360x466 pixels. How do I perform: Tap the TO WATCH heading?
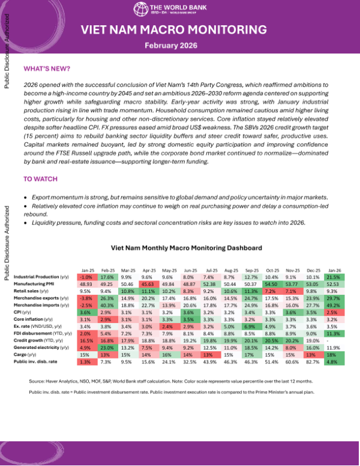[41, 179]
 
